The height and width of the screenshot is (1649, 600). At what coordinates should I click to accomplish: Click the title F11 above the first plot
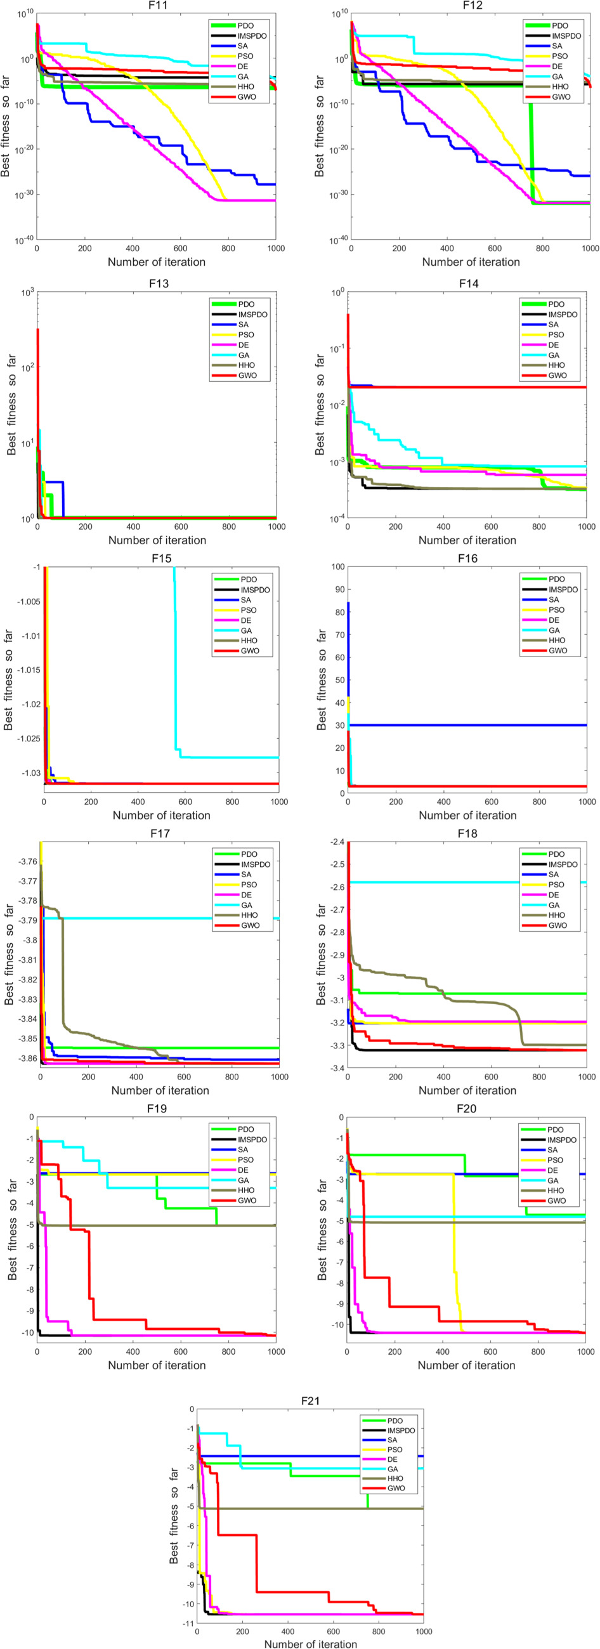(156, 5)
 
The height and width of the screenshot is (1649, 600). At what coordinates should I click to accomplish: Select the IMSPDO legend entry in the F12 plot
(566, 36)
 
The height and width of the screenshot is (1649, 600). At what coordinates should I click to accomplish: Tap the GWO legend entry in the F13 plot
(247, 375)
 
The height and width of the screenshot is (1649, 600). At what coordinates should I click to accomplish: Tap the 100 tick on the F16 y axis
(337, 566)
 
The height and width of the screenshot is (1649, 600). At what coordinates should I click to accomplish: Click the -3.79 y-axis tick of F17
(27, 920)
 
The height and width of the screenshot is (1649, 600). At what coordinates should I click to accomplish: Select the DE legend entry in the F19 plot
(243, 1170)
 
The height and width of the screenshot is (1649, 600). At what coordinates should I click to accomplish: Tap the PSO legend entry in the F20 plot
(555, 1160)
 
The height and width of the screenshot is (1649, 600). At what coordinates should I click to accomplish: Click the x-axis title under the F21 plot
(311, 1643)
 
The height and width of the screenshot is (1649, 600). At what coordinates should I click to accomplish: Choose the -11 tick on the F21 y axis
(188, 1624)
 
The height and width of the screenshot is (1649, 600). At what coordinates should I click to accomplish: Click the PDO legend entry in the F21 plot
(395, 1421)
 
